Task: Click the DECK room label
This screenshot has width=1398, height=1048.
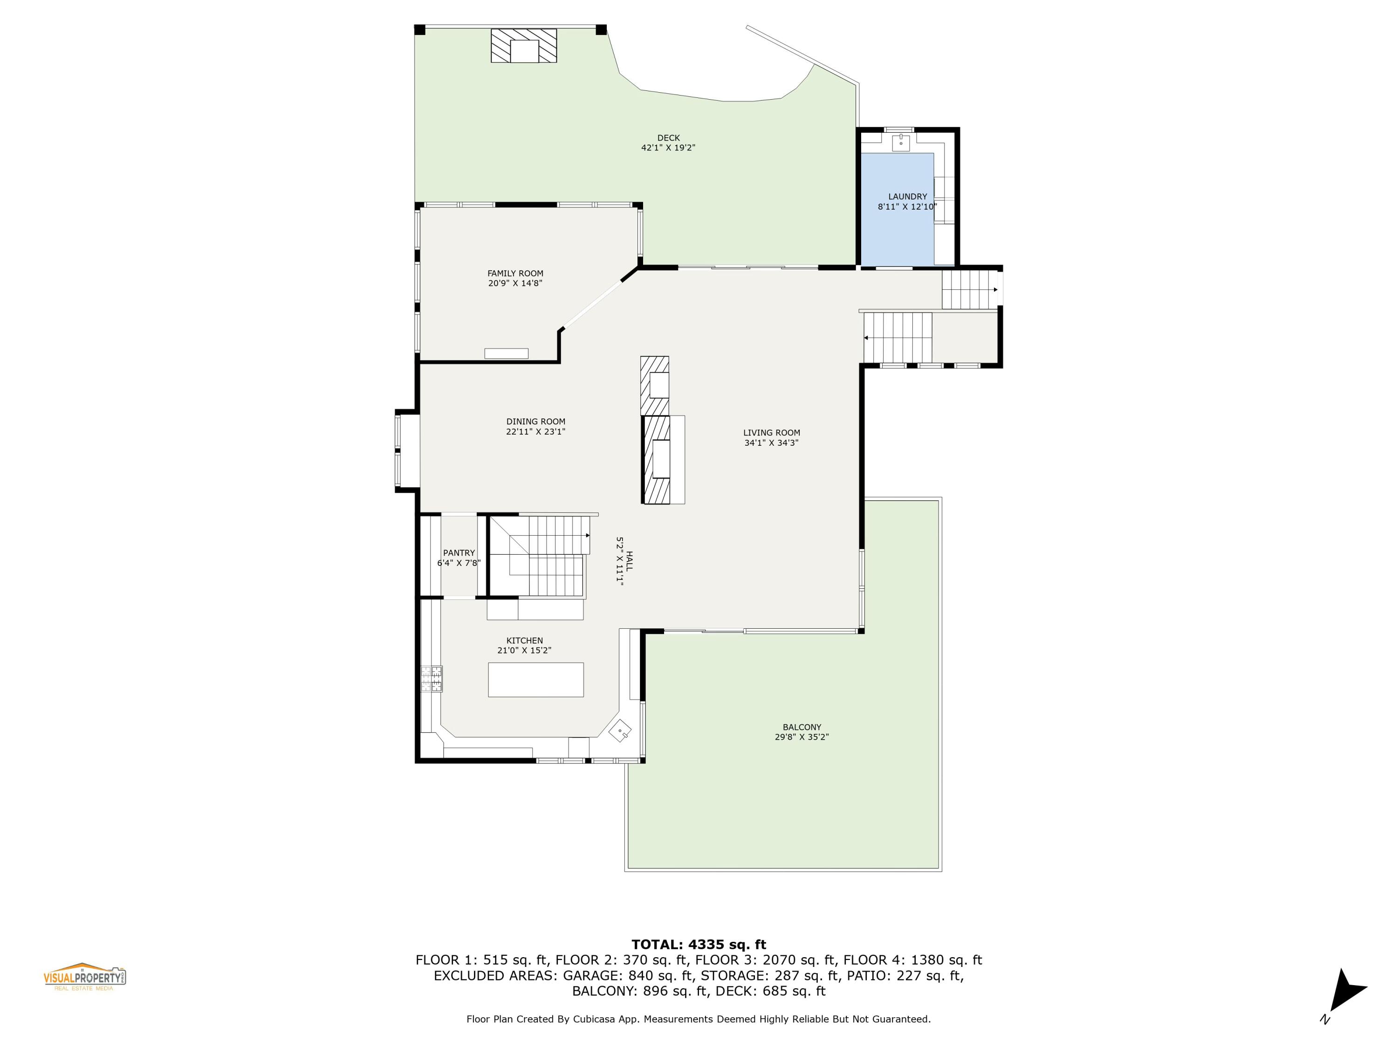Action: pos(668,138)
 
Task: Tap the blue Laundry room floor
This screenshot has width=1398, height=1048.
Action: pos(898,234)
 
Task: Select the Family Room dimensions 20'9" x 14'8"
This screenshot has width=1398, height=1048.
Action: pos(515,284)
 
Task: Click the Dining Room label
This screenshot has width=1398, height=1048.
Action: pos(535,422)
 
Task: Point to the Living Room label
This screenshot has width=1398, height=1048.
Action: pos(771,433)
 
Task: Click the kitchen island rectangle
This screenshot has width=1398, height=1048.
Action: pos(535,679)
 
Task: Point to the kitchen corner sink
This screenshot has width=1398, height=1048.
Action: pos(620,731)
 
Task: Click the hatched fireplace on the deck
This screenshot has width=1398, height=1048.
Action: pos(524,46)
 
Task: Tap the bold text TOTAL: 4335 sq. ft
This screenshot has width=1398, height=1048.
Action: pos(699,945)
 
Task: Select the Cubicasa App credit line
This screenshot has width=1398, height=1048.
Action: pos(699,1019)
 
